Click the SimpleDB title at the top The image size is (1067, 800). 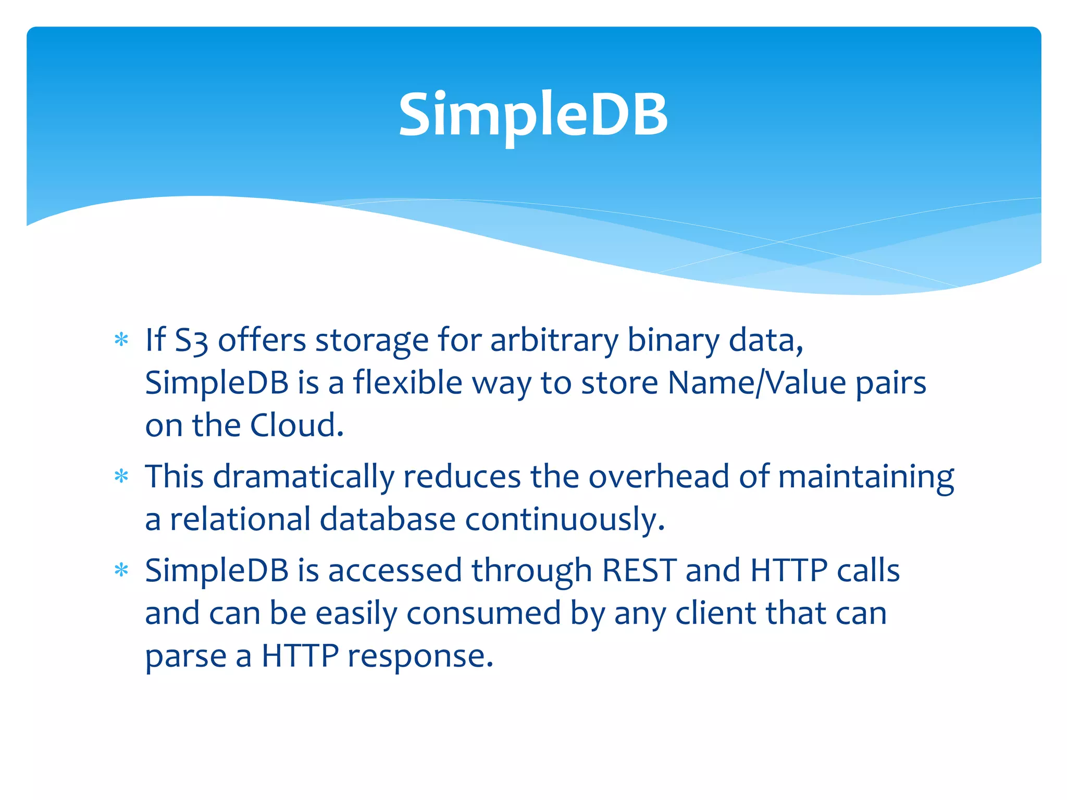(533, 114)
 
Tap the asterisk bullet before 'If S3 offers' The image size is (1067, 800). (121, 340)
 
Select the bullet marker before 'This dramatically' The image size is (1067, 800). (121, 476)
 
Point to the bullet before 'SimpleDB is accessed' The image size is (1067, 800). (121, 570)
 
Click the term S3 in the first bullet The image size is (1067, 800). (191, 341)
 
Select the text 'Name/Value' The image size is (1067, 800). (757, 383)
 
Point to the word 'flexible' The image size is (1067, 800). (407, 383)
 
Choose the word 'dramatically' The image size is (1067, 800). (304, 477)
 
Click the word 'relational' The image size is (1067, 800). (240, 520)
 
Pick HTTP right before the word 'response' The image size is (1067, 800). (300, 656)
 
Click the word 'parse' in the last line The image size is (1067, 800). (185, 656)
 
